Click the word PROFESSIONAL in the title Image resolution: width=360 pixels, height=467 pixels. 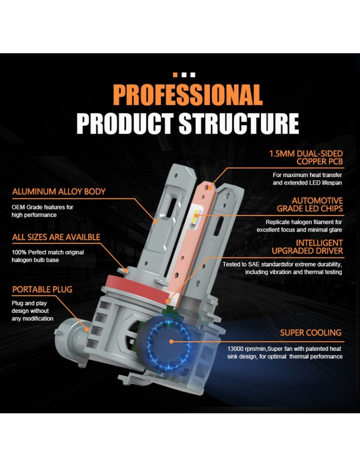click(x=187, y=95)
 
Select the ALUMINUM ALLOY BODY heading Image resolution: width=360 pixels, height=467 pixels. click(x=59, y=191)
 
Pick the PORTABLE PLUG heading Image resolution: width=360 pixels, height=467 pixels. click(x=42, y=290)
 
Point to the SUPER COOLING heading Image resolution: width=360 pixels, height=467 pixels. click(x=311, y=333)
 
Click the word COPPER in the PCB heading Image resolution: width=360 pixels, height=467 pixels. click(x=311, y=162)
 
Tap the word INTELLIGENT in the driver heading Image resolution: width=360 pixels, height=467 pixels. click(x=319, y=243)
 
